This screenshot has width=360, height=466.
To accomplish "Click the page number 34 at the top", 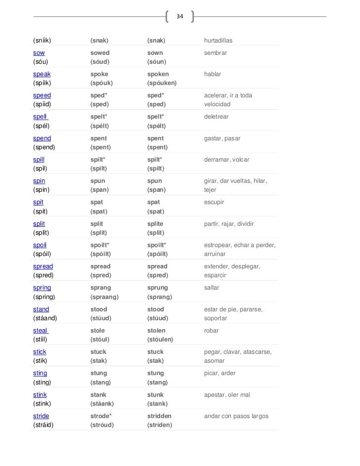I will pyautogui.click(x=180, y=17).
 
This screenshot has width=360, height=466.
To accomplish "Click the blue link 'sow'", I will pyautogui.click(x=39, y=52).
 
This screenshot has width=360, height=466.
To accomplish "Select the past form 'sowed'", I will pyautogui.click(x=100, y=52).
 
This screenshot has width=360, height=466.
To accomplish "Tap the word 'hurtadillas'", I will pyautogui.click(x=218, y=40).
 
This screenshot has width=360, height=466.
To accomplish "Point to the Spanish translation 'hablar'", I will pyautogui.click(x=213, y=74).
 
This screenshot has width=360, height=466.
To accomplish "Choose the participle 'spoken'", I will pyautogui.click(x=158, y=74).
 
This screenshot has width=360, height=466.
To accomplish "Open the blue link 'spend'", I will pyautogui.click(x=42, y=138).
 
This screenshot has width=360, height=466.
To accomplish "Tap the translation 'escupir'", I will pyautogui.click(x=214, y=203).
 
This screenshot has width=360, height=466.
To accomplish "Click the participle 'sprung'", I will pyautogui.click(x=158, y=288).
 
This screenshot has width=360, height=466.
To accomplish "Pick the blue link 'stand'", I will pyautogui.click(x=41, y=309).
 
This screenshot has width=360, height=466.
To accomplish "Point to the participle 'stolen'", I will pyautogui.click(x=157, y=331).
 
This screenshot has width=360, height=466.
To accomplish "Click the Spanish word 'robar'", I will pyautogui.click(x=212, y=331).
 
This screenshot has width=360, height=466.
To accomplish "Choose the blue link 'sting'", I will pyautogui.click(x=40, y=373).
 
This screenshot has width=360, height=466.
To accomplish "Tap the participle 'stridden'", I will pyautogui.click(x=160, y=416).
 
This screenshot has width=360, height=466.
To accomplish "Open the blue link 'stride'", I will pyautogui.click(x=41, y=416).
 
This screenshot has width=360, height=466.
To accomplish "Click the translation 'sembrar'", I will pyautogui.click(x=216, y=52).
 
